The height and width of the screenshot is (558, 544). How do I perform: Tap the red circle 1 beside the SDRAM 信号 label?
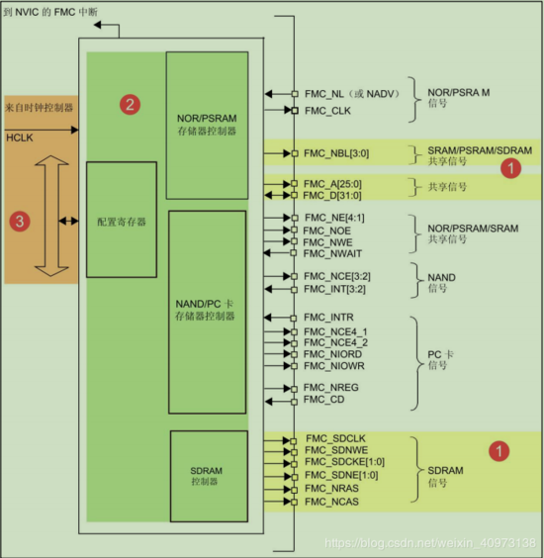pyautogui.click(x=500, y=450)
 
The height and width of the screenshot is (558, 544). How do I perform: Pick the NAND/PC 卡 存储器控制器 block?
pyautogui.click(x=207, y=310)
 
